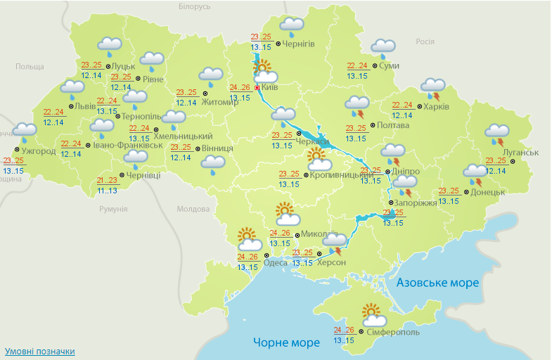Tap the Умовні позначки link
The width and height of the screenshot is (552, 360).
[39, 351]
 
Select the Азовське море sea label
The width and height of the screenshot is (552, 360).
[437, 283]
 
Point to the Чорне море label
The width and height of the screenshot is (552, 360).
[286, 342]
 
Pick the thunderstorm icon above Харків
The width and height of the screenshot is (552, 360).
[432, 89]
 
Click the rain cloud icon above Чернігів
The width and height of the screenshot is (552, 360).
[291, 27]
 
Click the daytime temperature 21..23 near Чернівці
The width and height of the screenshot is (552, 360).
[108, 180]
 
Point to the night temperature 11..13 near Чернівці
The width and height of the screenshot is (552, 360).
[108, 191]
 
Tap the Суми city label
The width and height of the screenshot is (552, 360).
[389, 66]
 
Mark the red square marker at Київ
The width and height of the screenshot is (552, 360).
[257, 88]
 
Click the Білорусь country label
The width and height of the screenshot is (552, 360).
[194, 6]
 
